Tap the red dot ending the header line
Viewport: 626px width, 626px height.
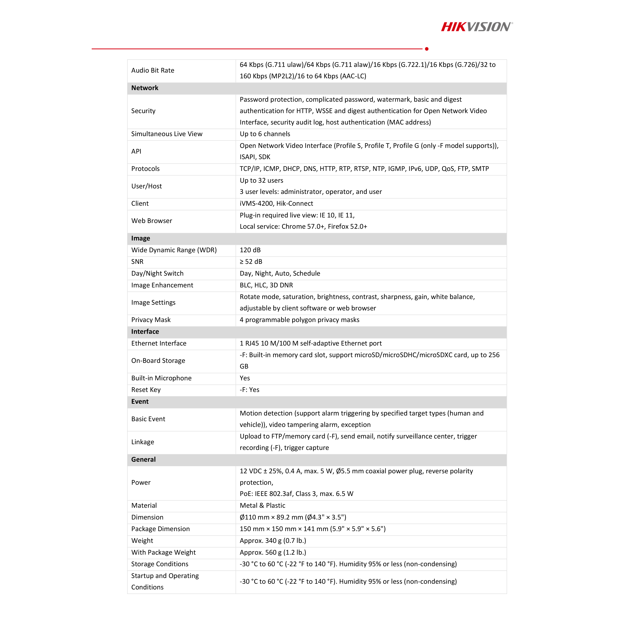(427, 49)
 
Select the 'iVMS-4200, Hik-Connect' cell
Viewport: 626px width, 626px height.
(276, 204)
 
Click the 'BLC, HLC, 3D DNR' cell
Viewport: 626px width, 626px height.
(266, 285)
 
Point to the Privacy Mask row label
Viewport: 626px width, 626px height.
(151, 320)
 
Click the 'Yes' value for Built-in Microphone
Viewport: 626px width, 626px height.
(245, 378)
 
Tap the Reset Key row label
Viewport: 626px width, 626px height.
(146, 390)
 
